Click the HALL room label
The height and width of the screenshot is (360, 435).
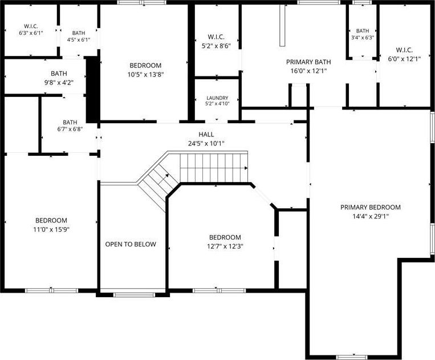206,135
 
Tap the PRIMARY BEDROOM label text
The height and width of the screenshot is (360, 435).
371,207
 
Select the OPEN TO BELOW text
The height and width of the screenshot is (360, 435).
131,244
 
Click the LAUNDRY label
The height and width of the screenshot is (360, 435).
217,98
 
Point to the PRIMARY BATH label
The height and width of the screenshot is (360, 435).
308,62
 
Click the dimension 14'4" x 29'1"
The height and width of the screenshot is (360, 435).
371,216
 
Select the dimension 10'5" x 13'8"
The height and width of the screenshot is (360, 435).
145,74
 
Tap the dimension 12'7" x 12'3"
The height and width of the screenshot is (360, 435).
225,246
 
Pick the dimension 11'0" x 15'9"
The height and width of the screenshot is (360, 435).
51,229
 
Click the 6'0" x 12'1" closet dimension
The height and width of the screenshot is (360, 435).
404,59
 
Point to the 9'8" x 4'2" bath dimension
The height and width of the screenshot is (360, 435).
59,82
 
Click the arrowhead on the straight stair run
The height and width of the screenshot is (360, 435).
246,168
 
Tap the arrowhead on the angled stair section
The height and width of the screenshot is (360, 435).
167,175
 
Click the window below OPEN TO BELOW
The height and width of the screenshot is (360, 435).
134,295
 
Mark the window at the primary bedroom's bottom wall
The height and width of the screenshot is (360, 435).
352,357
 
